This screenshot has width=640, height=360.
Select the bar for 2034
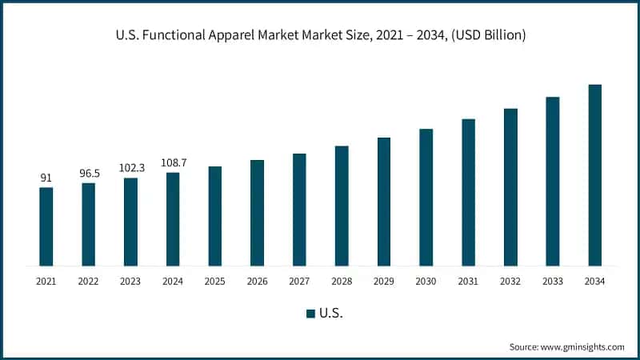[x=594, y=175]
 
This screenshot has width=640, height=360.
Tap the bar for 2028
[x=342, y=206]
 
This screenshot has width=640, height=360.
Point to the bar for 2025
[x=215, y=216]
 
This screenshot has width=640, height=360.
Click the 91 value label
[x=46, y=178]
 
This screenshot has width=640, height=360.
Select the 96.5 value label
[x=88, y=173]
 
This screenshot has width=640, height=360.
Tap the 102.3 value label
[x=130, y=168]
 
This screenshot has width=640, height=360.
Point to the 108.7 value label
[x=173, y=162]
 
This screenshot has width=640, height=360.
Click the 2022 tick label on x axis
[x=88, y=282]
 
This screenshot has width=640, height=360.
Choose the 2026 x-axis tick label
[x=257, y=282]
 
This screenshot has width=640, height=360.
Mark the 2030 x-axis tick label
[x=426, y=282]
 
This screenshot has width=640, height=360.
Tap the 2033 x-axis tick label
[x=552, y=282]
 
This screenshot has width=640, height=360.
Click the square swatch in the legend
[x=310, y=314]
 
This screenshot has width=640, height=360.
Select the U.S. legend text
[x=331, y=314]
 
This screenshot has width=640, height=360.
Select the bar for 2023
[x=130, y=222]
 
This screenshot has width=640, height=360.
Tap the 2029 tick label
[x=384, y=282]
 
